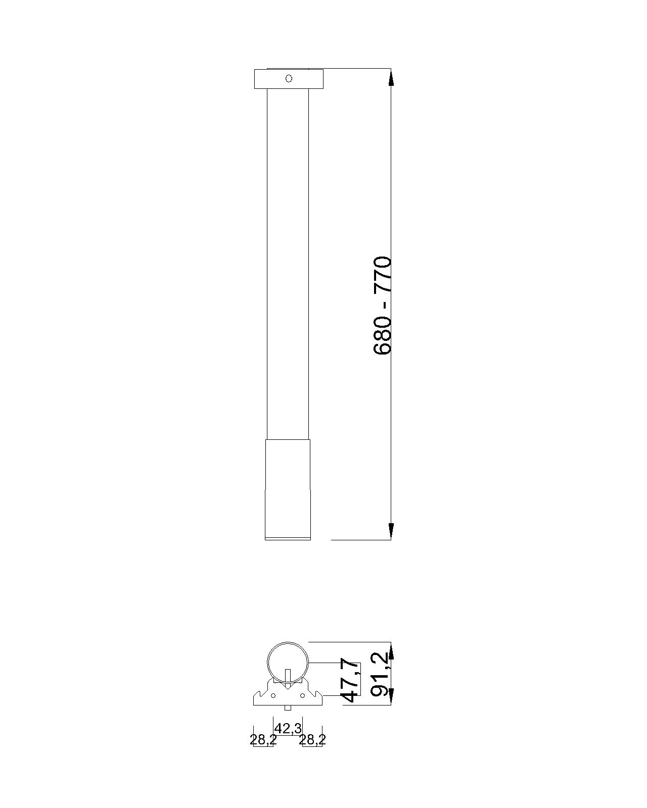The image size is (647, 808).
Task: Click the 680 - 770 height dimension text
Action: coord(383,305)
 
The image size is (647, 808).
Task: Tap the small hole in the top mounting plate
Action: coord(289,78)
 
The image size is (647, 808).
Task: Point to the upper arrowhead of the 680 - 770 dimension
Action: coord(391,77)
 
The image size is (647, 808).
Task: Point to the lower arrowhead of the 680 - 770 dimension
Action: coord(391,531)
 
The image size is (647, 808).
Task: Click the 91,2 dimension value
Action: coord(379,674)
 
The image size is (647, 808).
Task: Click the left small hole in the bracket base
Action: coord(273,695)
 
